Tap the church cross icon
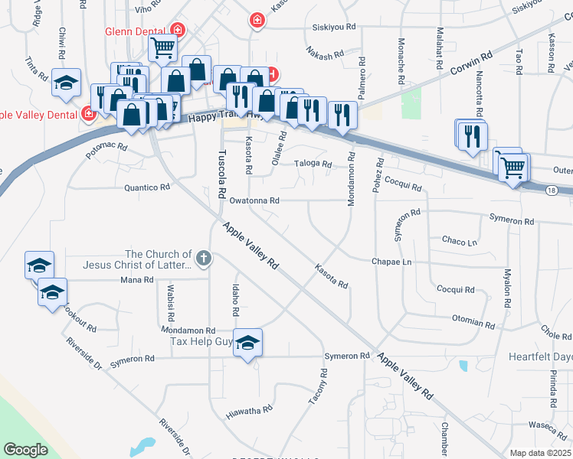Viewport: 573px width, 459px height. click(203, 258)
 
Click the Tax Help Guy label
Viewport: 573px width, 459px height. click(201, 342)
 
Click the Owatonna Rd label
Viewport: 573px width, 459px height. click(254, 200)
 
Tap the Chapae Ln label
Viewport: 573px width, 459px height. click(391, 262)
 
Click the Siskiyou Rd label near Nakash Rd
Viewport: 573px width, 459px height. click(334, 26)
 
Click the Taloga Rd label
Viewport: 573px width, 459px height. click(313, 164)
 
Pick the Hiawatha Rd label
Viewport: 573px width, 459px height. click(249, 412)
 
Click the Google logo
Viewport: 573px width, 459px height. click(25, 450)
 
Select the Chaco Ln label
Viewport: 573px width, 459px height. click(460, 241)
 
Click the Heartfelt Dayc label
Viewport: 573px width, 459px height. click(540, 357)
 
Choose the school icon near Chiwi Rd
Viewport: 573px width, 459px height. click(67, 83)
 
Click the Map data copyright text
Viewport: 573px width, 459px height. click(541, 453)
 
